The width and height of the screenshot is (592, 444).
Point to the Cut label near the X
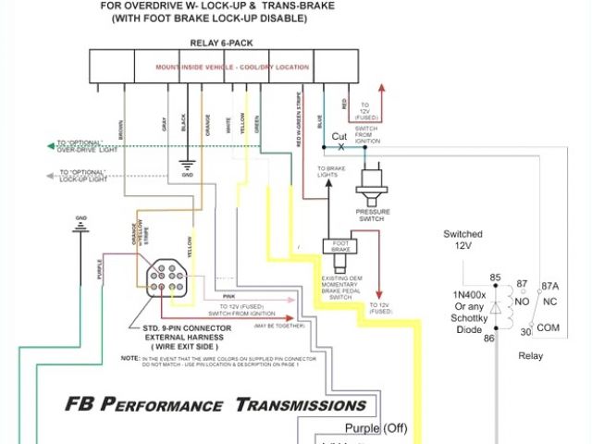[x=339, y=137]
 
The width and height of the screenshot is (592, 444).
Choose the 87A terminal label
[x=551, y=287]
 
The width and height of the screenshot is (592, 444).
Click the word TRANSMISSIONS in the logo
[x=301, y=404]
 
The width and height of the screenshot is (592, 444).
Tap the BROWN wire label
[x=120, y=129]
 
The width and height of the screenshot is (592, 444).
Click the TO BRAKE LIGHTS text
[x=329, y=171]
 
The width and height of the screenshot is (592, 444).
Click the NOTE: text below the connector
[x=129, y=357]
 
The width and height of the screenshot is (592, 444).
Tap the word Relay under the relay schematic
[x=531, y=356]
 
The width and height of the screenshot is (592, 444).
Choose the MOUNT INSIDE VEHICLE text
[x=184, y=68]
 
